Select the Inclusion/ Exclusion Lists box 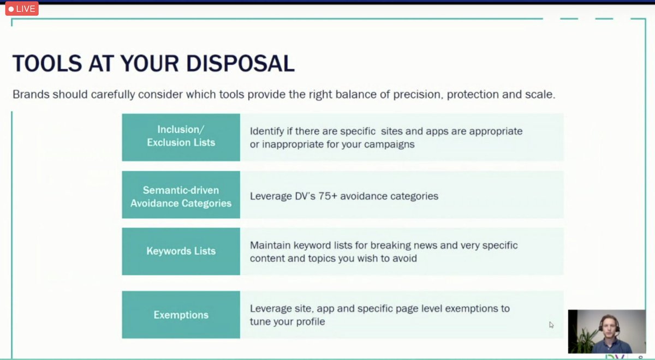[x=181, y=137]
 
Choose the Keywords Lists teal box [x=181, y=251]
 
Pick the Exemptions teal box [x=181, y=315]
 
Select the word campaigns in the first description [x=390, y=145]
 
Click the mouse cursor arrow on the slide [x=551, y=324]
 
